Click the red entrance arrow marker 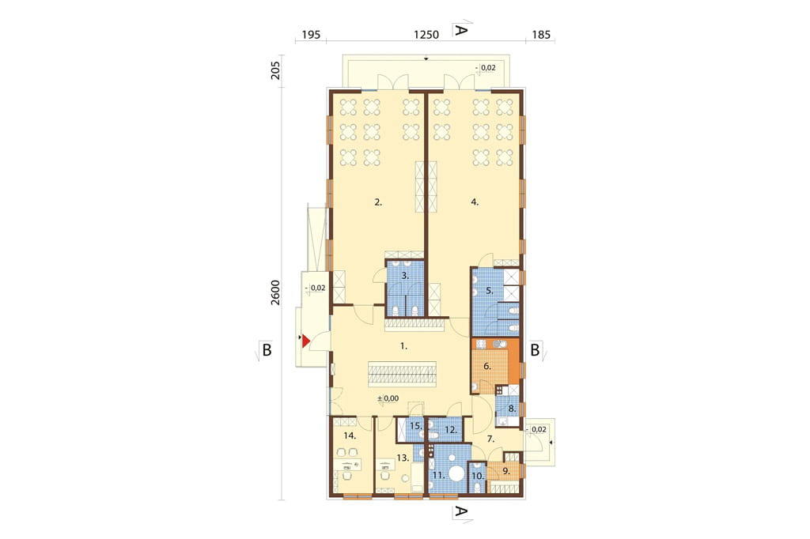pos(306,341)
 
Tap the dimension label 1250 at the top pos(426,35)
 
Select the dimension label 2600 pos(275,292)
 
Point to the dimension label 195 pos(311,35)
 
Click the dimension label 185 pos(541,35)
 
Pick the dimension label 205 pos(275,70)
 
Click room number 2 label pos(378,202)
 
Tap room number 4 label pos(475,202)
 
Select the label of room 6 pos(487,366)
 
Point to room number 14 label pos(350,435)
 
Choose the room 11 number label pos(438,475)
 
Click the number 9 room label pos(506,471)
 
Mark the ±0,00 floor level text pos(388,398)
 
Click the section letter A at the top pos(460,30)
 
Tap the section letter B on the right pos(535,350)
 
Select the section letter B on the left pos(267,350)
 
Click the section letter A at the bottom pos(460,511)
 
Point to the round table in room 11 pos(456,473)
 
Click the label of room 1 pos(404,346)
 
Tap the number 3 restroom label pos(406,276)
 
